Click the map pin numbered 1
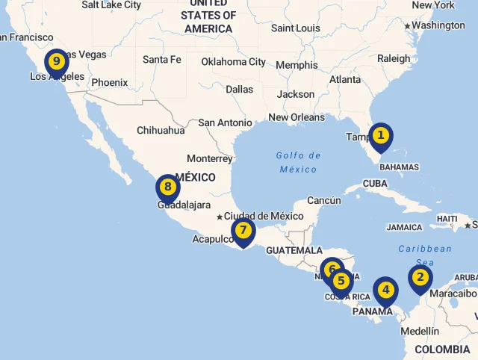[380, 136]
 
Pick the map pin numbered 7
[243, 231]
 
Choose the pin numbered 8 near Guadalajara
[167, 187]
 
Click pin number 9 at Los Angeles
[56, 61]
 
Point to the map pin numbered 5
[341, 282]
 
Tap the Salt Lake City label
[111, 4]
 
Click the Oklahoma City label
[233, 62]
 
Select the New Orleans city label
[297, 117]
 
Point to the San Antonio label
[225, 122]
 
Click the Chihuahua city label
[161, 130]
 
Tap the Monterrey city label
[210, 158]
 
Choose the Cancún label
[323, 200]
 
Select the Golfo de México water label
[298, 162]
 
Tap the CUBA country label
[375, 184]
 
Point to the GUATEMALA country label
[294, 250]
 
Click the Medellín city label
[420, 331]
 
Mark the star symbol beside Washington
[408, 26]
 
